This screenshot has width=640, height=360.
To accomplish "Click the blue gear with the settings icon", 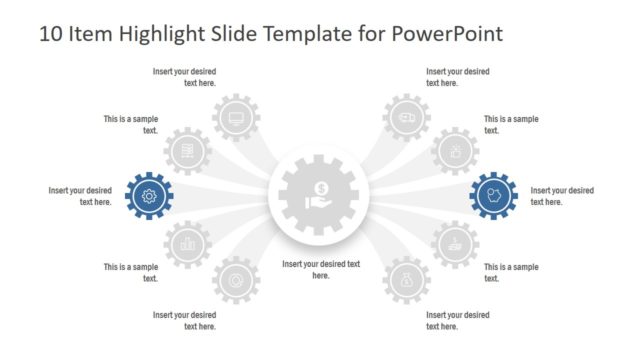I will point(149,196).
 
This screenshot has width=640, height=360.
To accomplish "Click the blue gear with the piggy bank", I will point(493,196).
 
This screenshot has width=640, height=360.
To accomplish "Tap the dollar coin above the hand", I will point(320,187).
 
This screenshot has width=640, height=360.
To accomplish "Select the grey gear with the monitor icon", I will point(236,117).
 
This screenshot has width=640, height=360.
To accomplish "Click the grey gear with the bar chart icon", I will point(186,243).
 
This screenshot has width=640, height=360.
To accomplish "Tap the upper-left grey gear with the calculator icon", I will point(186,151).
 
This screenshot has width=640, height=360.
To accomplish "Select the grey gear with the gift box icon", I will point(456,151).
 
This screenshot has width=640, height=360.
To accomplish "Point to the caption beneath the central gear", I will point(320,269).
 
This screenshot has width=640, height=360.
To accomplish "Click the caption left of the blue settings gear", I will point(80,196).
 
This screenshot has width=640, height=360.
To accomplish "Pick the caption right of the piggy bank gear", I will point(562,196).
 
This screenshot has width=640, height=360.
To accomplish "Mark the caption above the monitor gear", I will point(184,77).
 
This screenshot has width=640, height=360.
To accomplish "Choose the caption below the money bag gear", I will point(458,320).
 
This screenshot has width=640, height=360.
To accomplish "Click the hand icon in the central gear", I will point(318,202).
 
